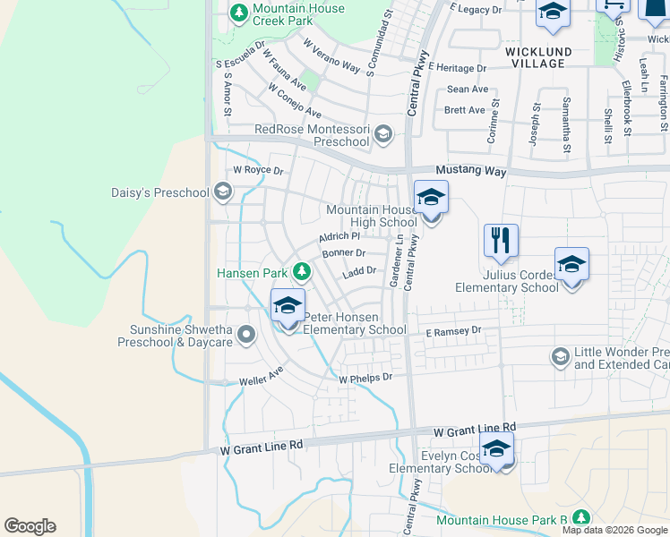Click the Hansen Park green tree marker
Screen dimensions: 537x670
[303, 270]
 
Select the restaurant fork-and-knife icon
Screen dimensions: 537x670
[501, 241]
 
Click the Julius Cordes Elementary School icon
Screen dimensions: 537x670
[571, 264]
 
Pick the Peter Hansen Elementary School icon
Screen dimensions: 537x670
[288, 306]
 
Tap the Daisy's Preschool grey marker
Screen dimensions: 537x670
[223, 192]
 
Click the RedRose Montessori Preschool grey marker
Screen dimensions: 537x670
[382, 135]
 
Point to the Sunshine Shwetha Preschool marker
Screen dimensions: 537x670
[247, 335]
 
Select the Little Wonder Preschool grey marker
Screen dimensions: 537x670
[561, 357]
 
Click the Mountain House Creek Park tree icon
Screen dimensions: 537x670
[239, 13]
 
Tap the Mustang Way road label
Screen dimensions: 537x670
[471, 170]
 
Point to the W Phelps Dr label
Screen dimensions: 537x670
[365, 378]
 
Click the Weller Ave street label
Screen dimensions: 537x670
[262, 376]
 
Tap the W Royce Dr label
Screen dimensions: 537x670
[258, 170]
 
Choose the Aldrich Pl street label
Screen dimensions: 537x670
[339, 237]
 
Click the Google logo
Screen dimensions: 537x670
[30, 526]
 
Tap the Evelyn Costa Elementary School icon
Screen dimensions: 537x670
[496, 450]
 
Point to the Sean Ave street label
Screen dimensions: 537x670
[468, 89]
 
